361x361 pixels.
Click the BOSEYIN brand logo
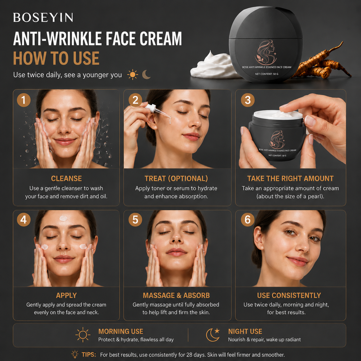tap(43, 18)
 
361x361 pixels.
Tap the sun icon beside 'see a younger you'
tap(133, 75)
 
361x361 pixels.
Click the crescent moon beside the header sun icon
tap(146, 75)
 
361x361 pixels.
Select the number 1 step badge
tap(24, 100)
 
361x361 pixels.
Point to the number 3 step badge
tap(248, 100)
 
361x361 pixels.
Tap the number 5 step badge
tap(135, 220)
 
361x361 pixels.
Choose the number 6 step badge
tap(248, 220)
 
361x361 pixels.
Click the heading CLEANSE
tap(66, 178)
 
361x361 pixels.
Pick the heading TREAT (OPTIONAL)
tap(176, 178)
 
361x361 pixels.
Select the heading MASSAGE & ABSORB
tap(176, 295)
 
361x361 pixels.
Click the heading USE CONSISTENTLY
tap(289, 295)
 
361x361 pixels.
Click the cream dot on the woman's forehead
tap(63, 218)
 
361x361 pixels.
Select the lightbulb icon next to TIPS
tap(75, 354)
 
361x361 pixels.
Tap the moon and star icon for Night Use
tap(213, 335)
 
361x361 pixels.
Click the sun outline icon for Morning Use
tap(83, 335)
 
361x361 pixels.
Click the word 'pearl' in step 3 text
tap(314, 197)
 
